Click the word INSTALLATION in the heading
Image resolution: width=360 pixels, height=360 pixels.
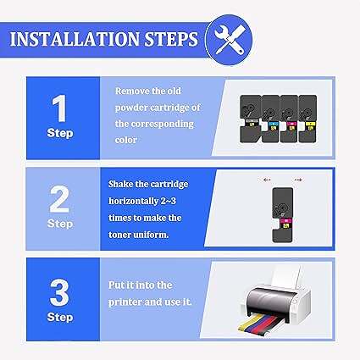pyautogui.click(x=75, y=39)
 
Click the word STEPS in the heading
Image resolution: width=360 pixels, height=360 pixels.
pyautogui.click(x=171, y=39)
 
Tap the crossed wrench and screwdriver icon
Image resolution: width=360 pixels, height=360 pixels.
pyautogui.click(x=229, y=39)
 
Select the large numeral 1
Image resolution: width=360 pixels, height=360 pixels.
pyautogui.click(x=59, y=108)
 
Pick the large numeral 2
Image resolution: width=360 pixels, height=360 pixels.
pyautogui.click(x=59, y=199)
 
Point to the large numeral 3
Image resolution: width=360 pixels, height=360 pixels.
pyautogui.click(x=59, y=292)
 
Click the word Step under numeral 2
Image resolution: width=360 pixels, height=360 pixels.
pyautogui.click(x=60, y=224)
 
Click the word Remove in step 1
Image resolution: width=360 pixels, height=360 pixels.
pyautogui.click(x=132, y=91)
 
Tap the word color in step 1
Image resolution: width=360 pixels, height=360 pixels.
pyautogui.click(x=126, y=140)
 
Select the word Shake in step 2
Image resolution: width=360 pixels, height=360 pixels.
pyautogui.click(x=120, y=184)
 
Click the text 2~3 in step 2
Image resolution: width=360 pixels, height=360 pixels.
pyautogui.click(x=169, y=201)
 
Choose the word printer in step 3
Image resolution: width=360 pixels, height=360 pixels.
pyautogui.click(x=125, y=302)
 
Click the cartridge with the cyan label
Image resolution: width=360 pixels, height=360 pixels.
pyautogui.click(x=270, y=119)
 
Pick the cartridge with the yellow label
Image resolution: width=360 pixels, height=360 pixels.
pyautogui.click(x=307, y=119)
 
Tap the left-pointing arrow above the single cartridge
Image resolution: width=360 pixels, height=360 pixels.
pyautogui.click(x=267, y=180)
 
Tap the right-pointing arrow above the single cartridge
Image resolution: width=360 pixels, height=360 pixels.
pyautogui.click(x=298, y=180)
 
